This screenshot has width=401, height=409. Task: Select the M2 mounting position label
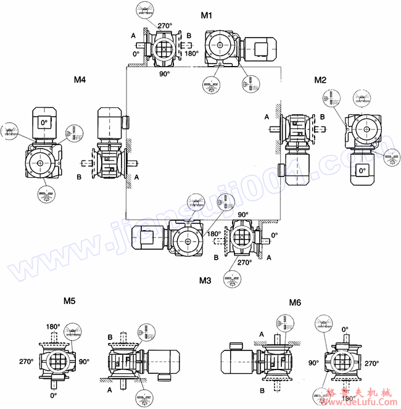(x=320, y=80)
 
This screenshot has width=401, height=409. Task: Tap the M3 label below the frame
(x=205, y=281)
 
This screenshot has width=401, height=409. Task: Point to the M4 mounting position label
(x=80, y=80)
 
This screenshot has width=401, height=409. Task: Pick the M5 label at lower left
(x=70, y=302)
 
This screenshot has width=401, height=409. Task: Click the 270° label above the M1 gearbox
(x=164, y=26)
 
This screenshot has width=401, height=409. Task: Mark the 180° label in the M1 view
(x=191, y=54)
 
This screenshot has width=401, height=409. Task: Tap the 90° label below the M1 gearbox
(x=165, y=73)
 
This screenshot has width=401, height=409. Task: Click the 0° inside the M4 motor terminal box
(x=43, y=123)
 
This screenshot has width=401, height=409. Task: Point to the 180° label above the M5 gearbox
(x=53, y=326)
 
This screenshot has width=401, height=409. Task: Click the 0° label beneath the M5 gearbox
(x=53, y=395)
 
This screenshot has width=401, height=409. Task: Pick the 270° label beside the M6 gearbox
(x=371, y=364)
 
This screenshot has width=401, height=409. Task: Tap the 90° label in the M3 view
(x=243, y=215)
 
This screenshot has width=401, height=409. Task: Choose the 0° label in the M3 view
(x=275, y=235)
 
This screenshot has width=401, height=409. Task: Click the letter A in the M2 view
(x=267, y=117)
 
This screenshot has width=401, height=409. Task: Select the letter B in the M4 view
(x=78, y=177)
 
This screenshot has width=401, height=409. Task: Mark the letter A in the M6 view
(x=262, y=334)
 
